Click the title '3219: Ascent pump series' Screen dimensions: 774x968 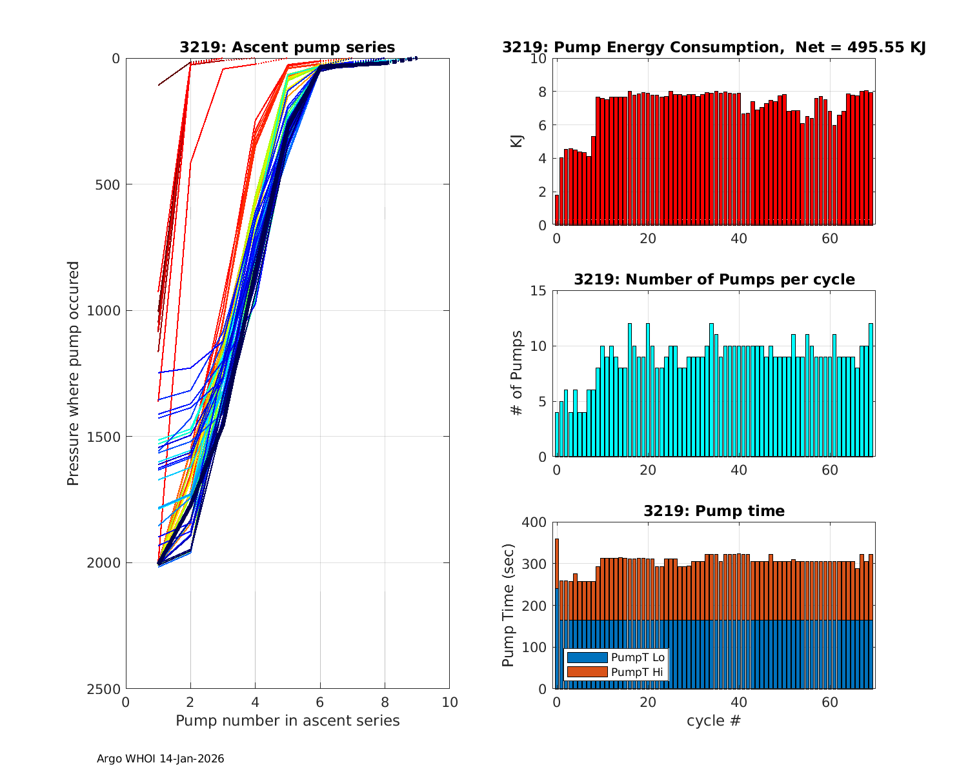pos(287,47)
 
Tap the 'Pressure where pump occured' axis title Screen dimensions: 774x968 pos(74,373)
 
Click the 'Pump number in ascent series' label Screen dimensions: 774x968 pos(287,720)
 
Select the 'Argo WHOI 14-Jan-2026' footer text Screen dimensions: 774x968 pos(160,759)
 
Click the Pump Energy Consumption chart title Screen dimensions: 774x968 pos(714,47)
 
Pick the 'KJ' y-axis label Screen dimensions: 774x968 pos(517,141)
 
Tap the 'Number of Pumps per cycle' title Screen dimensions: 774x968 pos(714,279)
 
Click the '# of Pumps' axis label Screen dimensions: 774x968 pos(517,373)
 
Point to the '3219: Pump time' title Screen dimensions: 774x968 pos(714,511)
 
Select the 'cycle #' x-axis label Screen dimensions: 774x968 pos(714,720)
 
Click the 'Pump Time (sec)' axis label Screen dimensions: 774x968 pos(508,606)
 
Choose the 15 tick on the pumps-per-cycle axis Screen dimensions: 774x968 pos(539,291)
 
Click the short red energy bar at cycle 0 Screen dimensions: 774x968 pos(557,210)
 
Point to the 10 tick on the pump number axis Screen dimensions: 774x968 pos(449,702)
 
